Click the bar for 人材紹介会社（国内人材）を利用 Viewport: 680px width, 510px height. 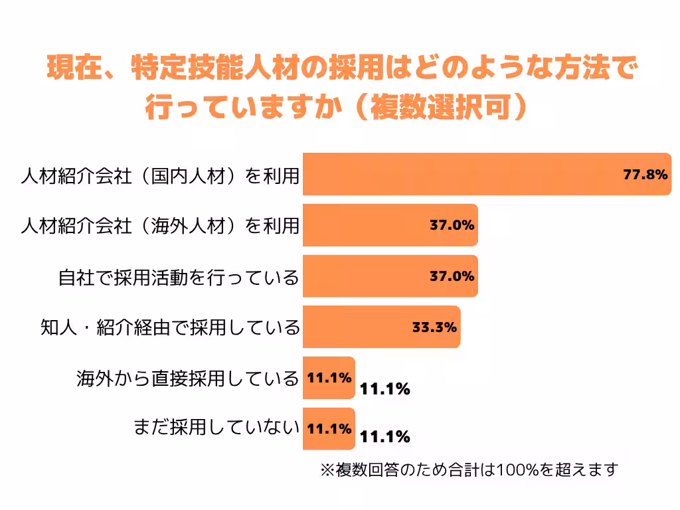(465, 174)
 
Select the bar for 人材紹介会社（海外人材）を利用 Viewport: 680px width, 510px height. (372, 225)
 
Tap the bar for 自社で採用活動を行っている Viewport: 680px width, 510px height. (372, 276)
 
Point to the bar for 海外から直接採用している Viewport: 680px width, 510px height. (329, 378)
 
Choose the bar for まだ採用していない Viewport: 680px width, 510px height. (329, 429)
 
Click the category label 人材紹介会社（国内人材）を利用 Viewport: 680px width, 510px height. (159, 175)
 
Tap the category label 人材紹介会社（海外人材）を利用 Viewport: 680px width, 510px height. (159, 226)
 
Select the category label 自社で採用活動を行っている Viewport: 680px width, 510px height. (179, 277)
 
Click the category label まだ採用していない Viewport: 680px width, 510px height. (216, 430)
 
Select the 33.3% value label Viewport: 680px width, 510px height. (434, 327)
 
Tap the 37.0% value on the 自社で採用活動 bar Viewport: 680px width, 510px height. (452, 276)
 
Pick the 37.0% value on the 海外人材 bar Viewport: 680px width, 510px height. (452, 225)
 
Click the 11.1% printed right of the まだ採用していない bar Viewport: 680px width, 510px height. (384, 437)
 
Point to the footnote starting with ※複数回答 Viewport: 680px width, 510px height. (469, 470)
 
